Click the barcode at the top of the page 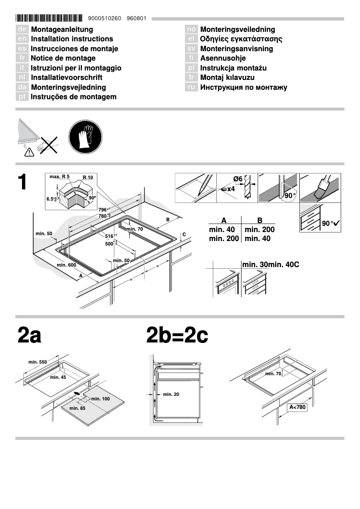tap(49, 19)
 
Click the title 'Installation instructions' tap(72, 39)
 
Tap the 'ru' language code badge tap(192, 88)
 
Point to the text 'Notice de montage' tap(63, 58)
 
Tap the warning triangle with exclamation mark tap(29, 153)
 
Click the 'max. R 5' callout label tap(59, 177)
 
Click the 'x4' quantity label tap(231, 189)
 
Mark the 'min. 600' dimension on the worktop tap(66, 265)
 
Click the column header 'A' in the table tap(224, 220)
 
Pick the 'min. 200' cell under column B tap(259, 230)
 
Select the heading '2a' tap(29, 335)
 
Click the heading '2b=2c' tap(177, 335)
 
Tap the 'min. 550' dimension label tap(37, 362)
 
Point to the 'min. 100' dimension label tap(100, 399)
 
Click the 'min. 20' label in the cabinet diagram tap(171, 395)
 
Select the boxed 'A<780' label tap(297, 408)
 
